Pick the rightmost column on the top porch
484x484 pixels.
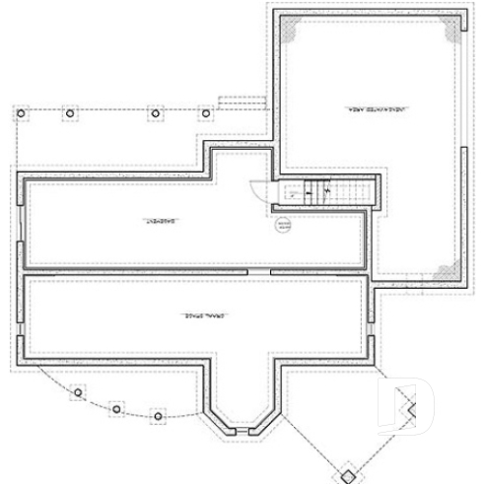[x=206, y=113]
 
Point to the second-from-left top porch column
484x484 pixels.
[x=69, y=113]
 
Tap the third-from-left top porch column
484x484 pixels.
[x=156, y=113]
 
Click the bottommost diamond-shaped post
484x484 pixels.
[x=347, y=474]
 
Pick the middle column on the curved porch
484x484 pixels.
[x=116, y=406]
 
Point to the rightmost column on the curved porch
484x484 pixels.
[x=154, y=414]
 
